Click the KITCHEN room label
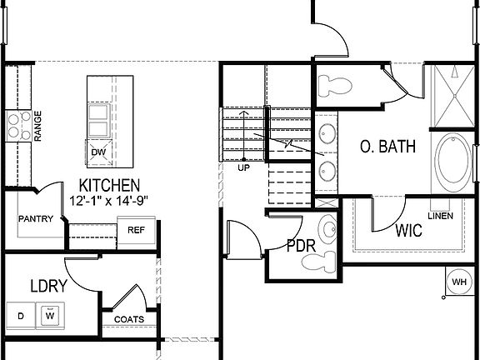[109, 185]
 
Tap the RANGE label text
[37, 124]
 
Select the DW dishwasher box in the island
[98, 152]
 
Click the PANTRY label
[35, 219]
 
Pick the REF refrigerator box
[136, 230]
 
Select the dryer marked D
[21, 316]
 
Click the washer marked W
[51, 316]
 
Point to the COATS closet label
[128, 319]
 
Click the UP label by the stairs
[243, 167]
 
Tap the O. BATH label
[387, 147]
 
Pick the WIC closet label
[408, 231]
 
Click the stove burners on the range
[17, 125]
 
